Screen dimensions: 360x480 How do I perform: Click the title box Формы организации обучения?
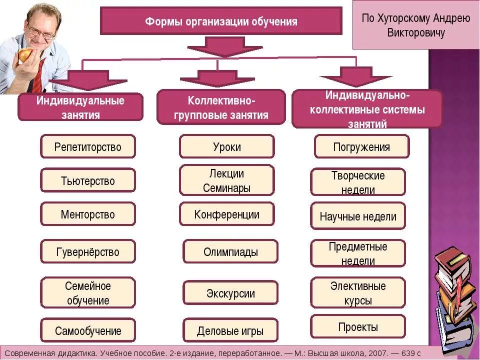click(221, 21)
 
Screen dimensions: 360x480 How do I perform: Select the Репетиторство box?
click(88, 147)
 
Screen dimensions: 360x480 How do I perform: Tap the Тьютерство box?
click(88, 181)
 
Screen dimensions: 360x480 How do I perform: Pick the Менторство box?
click(88, 214)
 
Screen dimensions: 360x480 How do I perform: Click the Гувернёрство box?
click(88, 251)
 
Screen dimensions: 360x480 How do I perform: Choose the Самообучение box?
click(88, 330)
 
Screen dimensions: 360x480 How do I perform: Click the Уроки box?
click(226, 147)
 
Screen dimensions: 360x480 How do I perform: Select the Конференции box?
click(226, 214)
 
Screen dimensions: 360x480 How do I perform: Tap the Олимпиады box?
click(230, 251)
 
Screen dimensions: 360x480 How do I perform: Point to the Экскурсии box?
click(230, 293)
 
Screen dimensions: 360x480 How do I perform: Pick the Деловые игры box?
click(230, 330)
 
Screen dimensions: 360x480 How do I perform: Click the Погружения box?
click(361, 147)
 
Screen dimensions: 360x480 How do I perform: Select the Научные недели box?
click(357, 216)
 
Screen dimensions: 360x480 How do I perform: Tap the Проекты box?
click(357, 327)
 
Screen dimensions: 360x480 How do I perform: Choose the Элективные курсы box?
click(357, 293)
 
